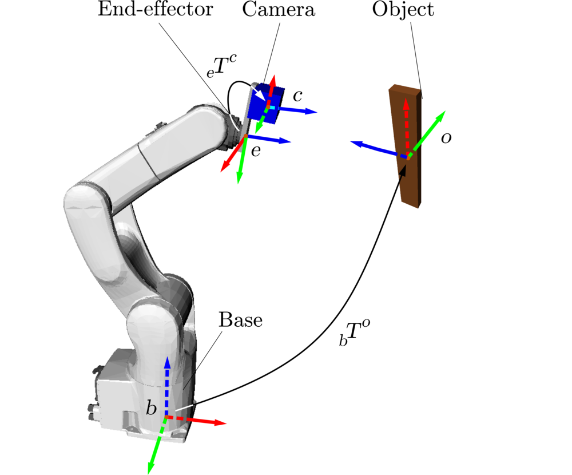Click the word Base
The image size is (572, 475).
pyautogui.click(x=240, y=320)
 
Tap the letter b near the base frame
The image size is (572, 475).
pyautogui.click(x=151, y=408)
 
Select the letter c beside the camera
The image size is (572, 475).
pyautogui.click(x=297, y=96)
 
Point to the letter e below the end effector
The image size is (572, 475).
pyautogui.click(x=256, y=151)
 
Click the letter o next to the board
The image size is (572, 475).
pyautogui.click(x=446, y=138)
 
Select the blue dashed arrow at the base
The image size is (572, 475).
pyautogui.click(x=167, y=383)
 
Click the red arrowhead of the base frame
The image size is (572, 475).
pyautogui.click(x=220, y=423)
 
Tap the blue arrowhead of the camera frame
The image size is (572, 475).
pyautogui.click(x=311, y=111)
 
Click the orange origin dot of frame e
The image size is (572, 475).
pyautogui.click(x=246, y=136)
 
